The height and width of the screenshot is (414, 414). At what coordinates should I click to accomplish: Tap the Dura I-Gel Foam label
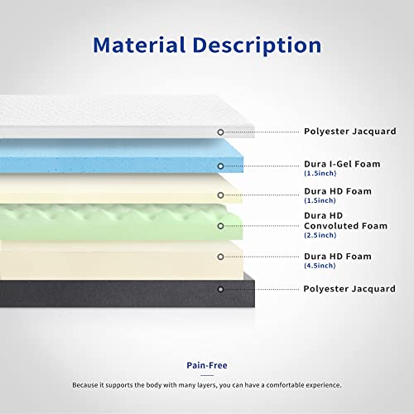[x=341, y=164]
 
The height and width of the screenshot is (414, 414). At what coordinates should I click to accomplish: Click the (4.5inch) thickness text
[x=320, y=267]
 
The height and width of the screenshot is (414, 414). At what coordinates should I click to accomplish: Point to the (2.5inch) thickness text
[x=320, y=235]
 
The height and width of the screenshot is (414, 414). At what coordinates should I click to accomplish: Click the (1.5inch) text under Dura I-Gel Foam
[x=320, y=174]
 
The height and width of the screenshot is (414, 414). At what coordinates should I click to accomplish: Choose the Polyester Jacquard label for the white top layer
[x=349, y=132]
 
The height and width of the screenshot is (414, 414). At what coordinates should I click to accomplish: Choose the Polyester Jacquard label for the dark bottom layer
[x=349, y=289]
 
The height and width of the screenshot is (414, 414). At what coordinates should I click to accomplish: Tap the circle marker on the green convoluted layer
[x=219, y=225]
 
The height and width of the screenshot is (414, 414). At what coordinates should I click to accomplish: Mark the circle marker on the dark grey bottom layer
[x=219, y=289]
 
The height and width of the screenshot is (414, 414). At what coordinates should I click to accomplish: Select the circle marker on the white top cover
[x=219, y=132]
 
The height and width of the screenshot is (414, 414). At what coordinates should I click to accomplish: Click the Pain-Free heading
[x=207, y=365]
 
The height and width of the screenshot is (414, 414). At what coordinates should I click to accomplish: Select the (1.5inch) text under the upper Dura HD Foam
[x=320, y=201]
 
